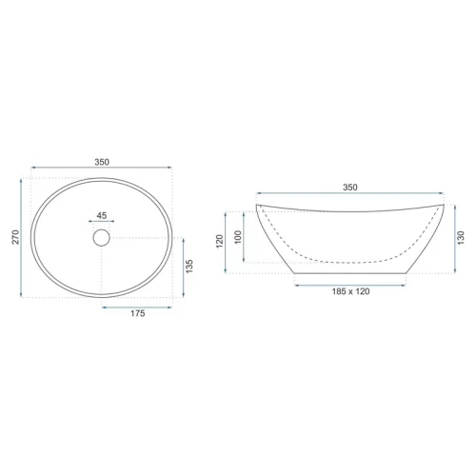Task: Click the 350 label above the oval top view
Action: click(102, 162)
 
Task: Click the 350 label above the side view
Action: click(350, 188)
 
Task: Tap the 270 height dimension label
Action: click(15, 237)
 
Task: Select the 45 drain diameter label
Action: click(102, 216)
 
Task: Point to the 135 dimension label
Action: click(189, 267)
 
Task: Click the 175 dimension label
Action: click(138, 313)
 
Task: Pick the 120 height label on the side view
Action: click(220, 242)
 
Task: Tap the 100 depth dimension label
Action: click(238, 237)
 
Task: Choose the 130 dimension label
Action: click(461, 238)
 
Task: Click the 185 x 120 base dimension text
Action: click(350, 291)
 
